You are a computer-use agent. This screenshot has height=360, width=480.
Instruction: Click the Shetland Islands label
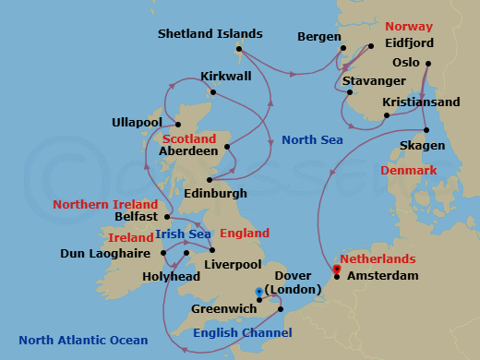210,34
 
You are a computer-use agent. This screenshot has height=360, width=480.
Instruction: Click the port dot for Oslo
427,63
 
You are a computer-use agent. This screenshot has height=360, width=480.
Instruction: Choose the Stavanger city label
373,81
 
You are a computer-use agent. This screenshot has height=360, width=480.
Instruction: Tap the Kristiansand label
423,103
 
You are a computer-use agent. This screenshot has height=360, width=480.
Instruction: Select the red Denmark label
408,171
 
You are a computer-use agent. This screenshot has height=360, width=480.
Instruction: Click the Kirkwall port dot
214,91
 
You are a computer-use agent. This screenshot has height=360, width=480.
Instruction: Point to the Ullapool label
137,122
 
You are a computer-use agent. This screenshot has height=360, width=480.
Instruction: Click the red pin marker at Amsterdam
337,270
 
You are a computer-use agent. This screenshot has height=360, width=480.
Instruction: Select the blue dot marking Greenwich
258,291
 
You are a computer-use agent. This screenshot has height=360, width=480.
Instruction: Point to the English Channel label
242,333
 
